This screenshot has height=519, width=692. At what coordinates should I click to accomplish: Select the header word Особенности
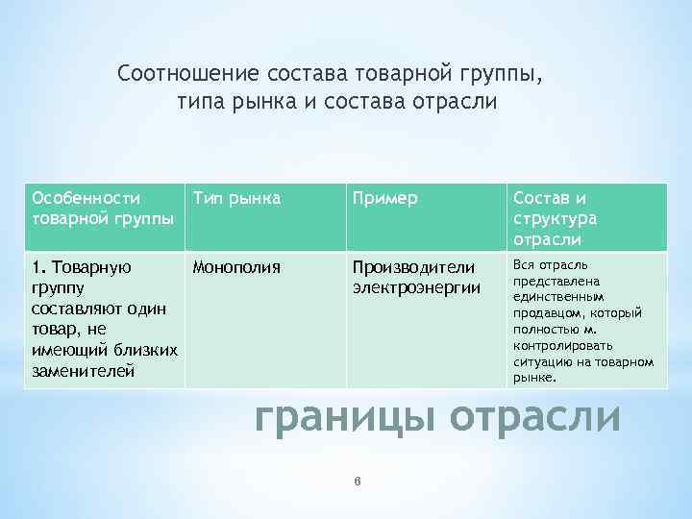tap(86, 198)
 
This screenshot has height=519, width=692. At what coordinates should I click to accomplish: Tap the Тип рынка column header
tap(236, 198)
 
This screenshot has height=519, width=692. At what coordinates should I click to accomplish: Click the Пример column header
tap(384, 198)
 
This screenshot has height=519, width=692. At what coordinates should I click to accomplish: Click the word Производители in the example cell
tap(413, 266)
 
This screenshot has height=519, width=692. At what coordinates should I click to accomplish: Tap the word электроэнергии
tap(416, 286)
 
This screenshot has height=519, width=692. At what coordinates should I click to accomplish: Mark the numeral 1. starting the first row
tap(39, 266)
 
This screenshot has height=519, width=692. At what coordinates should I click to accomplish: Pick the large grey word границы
tap(345, 419)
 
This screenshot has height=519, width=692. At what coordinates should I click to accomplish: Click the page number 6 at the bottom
tap(357, 482)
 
